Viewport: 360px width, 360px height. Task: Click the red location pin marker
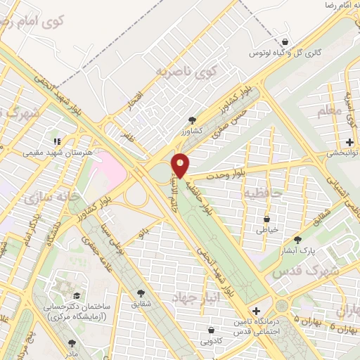pos(181,165)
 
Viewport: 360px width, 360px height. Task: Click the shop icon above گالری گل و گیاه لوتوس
pos(284,41)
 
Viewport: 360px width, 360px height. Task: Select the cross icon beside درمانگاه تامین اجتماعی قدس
pos(256,310)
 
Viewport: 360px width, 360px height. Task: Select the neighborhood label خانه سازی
pos(49,199)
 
